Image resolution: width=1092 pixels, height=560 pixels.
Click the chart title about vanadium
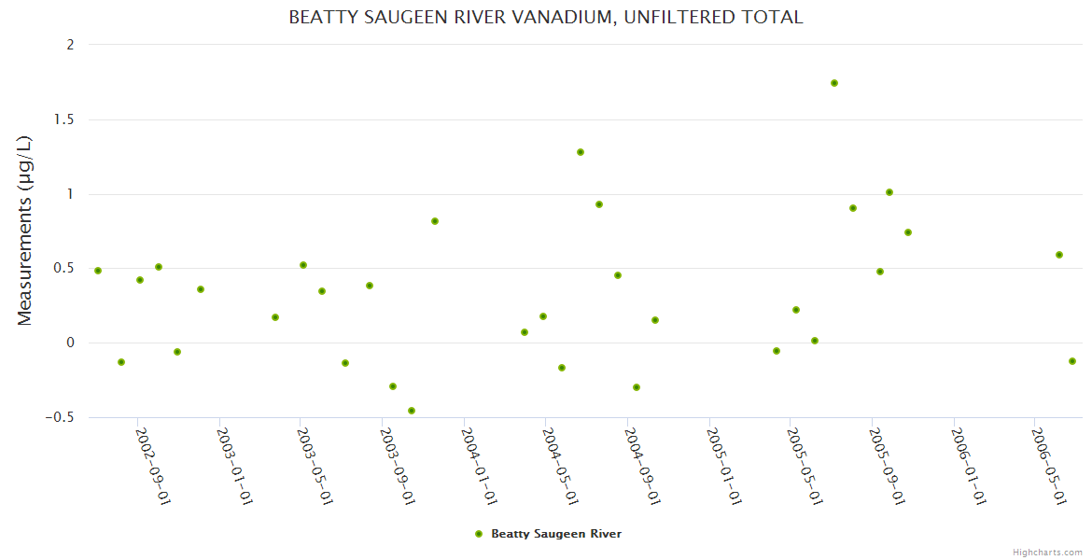click(545, 18)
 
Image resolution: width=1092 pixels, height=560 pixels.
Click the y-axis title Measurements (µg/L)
click(25, 231)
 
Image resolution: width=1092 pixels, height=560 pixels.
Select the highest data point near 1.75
click(834, 83)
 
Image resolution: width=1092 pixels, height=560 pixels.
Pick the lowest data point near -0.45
click(412, 411)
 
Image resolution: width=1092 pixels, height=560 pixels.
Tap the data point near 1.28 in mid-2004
click(581, 152)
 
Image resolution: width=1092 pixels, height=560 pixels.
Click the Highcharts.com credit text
click(1047, 552)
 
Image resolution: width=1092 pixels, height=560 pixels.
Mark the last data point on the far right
click(1072, 361)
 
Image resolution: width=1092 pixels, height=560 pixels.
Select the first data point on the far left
click(98, 271)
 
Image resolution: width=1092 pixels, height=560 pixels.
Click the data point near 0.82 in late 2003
click(435, 221)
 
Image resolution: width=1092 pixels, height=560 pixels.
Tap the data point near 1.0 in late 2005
click(889, 192)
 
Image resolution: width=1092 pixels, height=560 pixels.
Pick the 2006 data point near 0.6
click(1059, 255)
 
